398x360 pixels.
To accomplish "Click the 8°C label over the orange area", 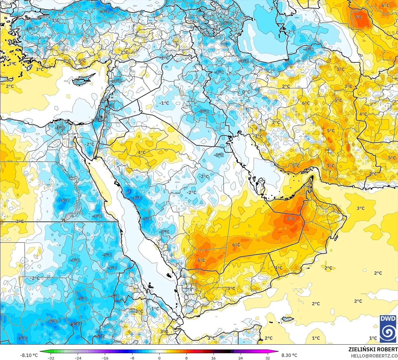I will tap(291, 219).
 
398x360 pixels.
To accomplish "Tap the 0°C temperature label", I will tap(246, 92).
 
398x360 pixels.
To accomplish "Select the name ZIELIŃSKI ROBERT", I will tap(373, 349).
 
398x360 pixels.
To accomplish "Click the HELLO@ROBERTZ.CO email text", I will tap(374, 355).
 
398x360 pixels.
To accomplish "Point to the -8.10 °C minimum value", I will tap(29, 355).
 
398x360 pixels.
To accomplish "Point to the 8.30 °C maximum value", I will tap(289, 355).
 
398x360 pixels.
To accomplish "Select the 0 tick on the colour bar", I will tap(159, 358).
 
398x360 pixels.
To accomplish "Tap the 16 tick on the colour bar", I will tap(213, 358).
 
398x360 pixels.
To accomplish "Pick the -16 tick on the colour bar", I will tap(105, 358).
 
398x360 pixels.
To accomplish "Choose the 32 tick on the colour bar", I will tap(267, 358).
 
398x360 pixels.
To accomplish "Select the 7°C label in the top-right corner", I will tap(358, 17).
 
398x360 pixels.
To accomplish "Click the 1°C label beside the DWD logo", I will tap(373, 338).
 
